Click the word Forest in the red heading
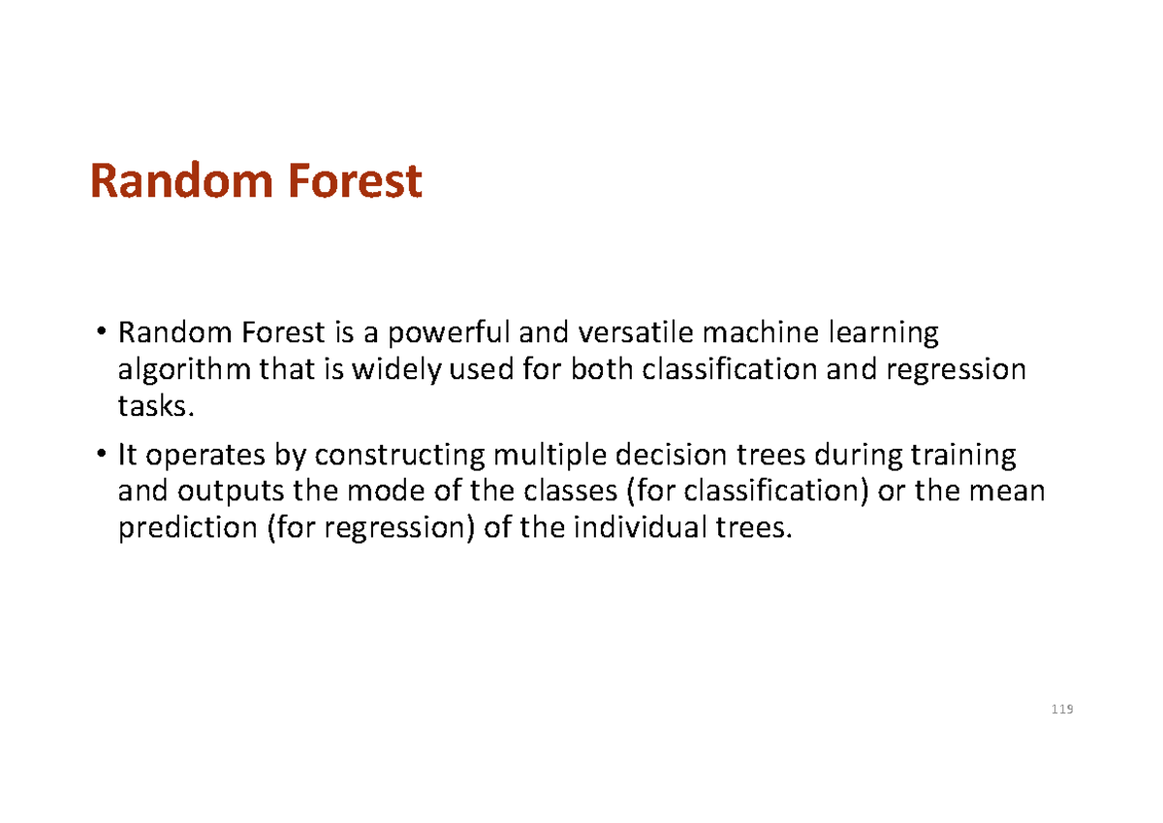(348, 182)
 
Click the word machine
(757, 334)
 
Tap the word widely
(392, 371)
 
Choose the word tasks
(149, 407)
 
